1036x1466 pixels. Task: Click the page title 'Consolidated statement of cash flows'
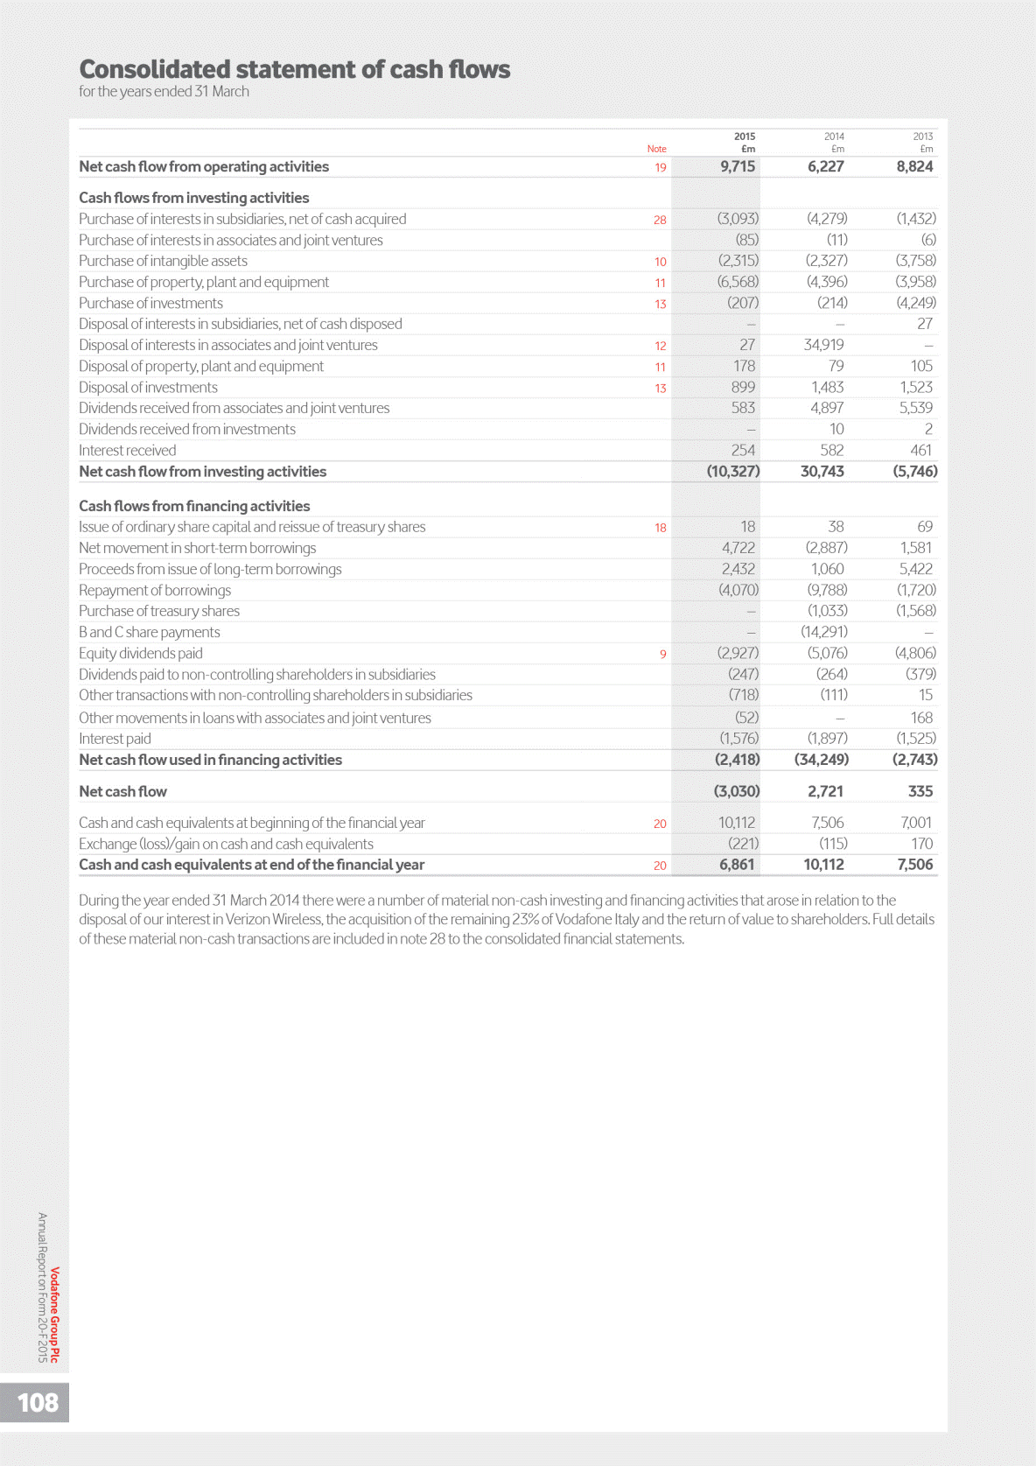click(295, 69)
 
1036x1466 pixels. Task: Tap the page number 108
click(38, 1402)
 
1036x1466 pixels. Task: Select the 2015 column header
click(745, 137)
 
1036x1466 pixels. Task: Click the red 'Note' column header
click(656, 149)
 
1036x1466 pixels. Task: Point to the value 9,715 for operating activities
click(737, 166)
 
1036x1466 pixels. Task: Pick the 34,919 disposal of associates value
click(823, 345)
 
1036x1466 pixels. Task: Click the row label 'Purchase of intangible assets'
click(163, 261)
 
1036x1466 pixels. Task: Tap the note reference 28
click(660, 220)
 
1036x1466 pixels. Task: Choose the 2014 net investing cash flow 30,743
click(822, 471)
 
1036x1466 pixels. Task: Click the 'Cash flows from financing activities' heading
click(194, 506)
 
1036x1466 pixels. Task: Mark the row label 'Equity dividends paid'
click(141, 653)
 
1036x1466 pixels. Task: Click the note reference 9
click(662, 654)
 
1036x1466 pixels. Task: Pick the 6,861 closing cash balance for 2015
click(736, 865)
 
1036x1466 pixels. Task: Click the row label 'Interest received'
click(127, 450)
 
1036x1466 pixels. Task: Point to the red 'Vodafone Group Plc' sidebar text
click(55, 1315)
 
